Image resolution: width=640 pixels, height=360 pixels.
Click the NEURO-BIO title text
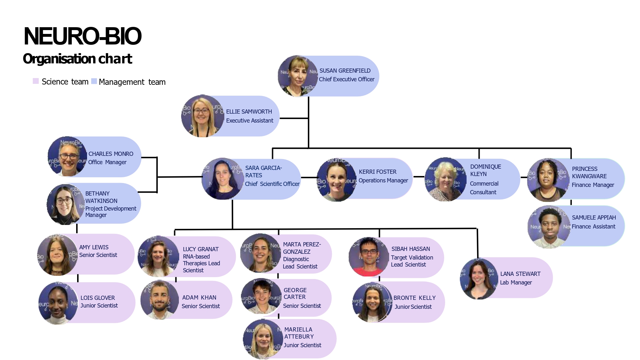coord(83,36)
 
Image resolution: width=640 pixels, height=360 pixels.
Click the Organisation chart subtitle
coord(77,59)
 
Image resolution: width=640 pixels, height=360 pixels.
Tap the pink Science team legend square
coord(36,81)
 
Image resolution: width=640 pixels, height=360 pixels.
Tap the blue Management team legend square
coord(94,81)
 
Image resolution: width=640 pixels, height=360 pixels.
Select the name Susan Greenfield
coord(345,71)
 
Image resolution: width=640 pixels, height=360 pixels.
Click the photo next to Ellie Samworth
coord(202,116)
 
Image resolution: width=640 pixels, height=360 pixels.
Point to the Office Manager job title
coord(107,162)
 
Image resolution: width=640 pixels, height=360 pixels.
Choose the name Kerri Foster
coord(378,172)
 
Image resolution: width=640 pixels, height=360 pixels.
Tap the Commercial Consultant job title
coord(484,188)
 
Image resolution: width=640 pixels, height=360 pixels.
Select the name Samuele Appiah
coord(594,218)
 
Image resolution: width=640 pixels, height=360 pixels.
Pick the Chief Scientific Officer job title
coord(272,184)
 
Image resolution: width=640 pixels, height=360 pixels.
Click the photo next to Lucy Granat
coord(158,256)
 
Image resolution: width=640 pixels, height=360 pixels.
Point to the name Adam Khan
coord(199,298)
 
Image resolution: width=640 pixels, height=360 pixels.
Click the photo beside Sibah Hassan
coord(369,257)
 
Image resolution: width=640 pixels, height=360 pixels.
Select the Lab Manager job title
coord(516,283)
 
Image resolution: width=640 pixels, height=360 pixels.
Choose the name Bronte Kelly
coord(414,298)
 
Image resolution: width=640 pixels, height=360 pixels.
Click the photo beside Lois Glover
coord(58,303)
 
